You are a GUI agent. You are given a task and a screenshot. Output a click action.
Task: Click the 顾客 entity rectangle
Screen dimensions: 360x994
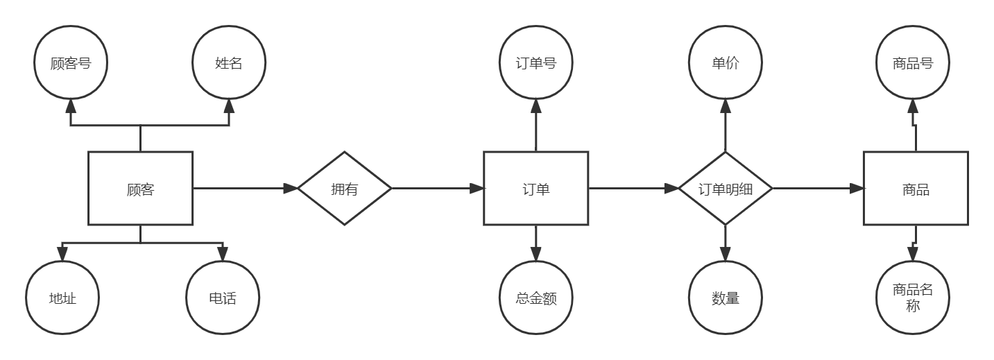140,189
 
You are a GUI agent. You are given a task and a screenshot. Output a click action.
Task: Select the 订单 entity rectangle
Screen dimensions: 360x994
535,189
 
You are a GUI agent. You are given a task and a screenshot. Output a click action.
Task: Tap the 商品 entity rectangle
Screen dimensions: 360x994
915,189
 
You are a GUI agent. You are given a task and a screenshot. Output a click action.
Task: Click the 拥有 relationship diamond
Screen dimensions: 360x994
345,189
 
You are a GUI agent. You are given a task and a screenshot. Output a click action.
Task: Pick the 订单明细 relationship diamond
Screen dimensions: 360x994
725,189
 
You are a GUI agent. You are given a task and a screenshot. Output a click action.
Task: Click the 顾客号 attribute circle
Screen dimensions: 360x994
71,64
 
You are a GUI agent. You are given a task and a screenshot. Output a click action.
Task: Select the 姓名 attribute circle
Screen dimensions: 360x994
229,64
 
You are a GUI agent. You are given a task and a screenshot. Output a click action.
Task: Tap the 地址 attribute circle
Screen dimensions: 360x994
62,298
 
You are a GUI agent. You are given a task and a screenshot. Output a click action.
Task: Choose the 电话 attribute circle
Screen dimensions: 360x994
222,298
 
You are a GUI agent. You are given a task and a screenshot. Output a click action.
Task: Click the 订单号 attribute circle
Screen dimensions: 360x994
535,64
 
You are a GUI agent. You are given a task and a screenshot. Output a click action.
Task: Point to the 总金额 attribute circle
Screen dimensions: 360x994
535,298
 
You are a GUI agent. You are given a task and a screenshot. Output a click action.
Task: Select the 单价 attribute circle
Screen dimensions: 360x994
725,64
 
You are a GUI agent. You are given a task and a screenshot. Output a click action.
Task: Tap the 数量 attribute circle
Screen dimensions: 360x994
725,298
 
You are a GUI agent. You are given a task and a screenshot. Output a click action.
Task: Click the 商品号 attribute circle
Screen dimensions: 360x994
913,64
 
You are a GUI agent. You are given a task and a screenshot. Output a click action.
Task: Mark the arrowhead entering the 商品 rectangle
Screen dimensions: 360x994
856,189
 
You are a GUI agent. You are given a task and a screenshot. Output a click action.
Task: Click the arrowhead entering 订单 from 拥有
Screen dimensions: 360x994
477,189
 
